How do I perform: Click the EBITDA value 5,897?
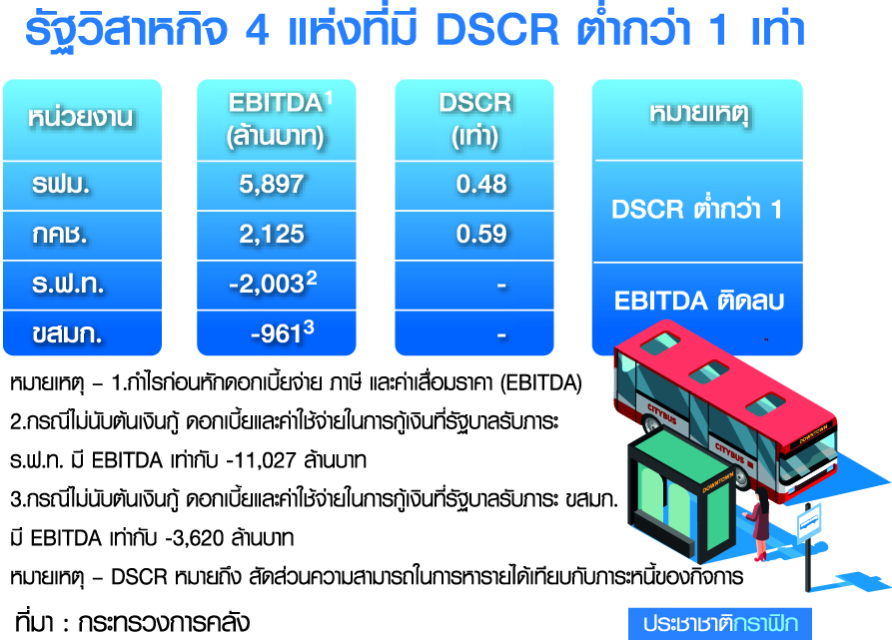tap(272, 184)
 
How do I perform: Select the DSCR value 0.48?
tap(481, 184)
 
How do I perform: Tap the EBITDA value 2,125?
tap(272, 235)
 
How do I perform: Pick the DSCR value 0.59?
tap(481, 235)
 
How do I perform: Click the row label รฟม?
tap(61, 185)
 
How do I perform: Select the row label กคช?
tap(60, 235)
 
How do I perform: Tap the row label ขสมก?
tap(67, 334)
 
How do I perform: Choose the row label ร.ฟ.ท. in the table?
tap(68, 285)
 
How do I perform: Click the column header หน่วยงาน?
tap(80, 117)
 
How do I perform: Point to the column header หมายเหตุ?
tap(698, 114)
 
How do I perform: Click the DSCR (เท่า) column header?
tap(475, 120)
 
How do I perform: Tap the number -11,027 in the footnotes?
tap(261, 460)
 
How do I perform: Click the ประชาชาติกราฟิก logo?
tap(720, 623)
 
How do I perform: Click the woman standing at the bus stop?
tap(758, 524)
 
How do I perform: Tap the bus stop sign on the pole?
tap(808, 522)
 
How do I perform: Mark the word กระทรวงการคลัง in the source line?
tap(164, 623)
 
